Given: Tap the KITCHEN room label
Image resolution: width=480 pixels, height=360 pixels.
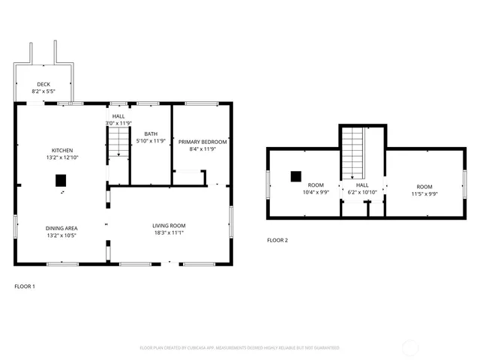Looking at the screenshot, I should [61, 150].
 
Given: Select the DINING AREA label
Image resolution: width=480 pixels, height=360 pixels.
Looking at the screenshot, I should [61, 228].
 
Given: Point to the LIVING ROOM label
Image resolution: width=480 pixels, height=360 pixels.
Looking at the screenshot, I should [169, 225].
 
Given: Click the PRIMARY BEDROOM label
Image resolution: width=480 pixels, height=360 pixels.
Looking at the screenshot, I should [202, 141].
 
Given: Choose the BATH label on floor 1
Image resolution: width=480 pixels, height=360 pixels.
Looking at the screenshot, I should [150, 133].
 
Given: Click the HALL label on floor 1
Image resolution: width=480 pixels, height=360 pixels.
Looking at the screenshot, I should [118, 116].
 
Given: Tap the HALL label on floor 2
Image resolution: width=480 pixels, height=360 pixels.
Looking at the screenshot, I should [362, 184].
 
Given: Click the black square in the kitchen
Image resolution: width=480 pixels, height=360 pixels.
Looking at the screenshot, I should [61, 180].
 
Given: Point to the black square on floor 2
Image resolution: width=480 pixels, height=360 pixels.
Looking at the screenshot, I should [296, 176].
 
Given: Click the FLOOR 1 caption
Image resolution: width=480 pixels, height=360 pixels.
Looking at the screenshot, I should [25, 286].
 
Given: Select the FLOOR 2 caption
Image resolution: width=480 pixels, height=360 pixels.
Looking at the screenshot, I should [277, 241].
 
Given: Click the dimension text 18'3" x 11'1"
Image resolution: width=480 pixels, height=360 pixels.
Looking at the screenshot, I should [169, 232].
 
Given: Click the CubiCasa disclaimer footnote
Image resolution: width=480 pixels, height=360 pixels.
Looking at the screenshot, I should [240, 348].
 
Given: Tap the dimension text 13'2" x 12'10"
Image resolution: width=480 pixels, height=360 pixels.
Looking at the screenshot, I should [61, 157].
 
